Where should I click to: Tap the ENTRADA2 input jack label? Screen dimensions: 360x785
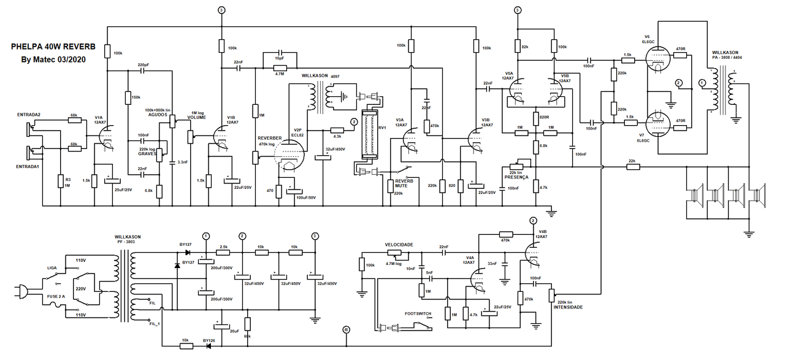29,115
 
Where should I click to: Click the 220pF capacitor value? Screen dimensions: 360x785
143,64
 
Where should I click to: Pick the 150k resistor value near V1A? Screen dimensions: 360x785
136,98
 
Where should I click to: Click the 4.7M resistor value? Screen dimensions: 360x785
279,74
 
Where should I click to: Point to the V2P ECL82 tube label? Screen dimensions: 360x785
297,132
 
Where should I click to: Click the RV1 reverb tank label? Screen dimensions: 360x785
382,128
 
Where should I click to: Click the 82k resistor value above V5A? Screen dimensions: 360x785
525,47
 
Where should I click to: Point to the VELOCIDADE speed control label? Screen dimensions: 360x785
399,244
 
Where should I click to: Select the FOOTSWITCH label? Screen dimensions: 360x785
418,313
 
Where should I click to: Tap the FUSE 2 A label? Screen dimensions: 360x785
55,296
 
